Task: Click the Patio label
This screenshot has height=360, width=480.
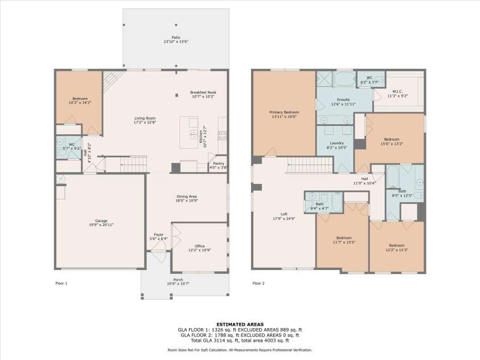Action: [176, 37]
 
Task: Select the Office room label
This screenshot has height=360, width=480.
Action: [199, 246]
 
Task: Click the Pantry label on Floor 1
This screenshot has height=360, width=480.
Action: [218, 163]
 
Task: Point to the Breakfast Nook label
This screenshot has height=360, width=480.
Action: [203, 92]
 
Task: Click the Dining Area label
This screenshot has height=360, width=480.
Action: [186, 197]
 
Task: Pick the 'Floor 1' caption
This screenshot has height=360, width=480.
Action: [61, 283]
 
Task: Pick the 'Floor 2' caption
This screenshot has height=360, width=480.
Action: [259, 283]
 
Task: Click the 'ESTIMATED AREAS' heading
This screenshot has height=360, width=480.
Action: [240, 324]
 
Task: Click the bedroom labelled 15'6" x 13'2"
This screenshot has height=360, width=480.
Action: [392, 140]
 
